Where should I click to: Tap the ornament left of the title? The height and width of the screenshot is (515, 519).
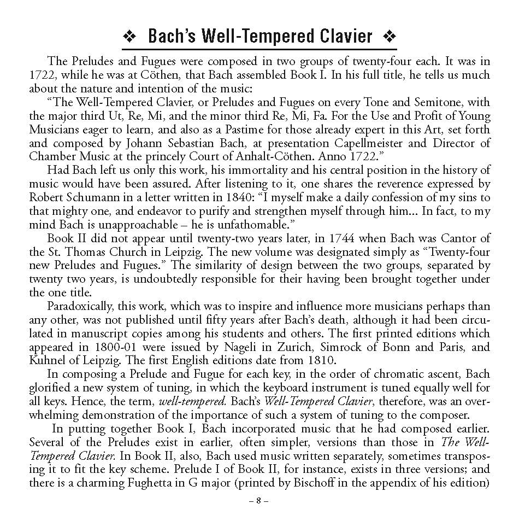(130, 37)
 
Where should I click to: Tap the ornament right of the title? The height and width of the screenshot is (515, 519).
(390, 37)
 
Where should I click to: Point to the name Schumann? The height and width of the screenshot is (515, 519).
(90, 197)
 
